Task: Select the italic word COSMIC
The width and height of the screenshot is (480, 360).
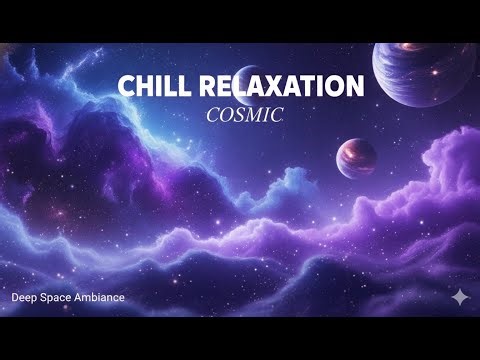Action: click(x=244, y=115)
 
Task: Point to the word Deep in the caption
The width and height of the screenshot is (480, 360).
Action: click(x=24, y=298)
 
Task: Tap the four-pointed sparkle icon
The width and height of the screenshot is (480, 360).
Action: click(x=459, y=297)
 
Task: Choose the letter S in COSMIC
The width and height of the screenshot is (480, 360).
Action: click(x=241, y=115)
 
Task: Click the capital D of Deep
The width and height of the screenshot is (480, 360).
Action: click(x=15, y=298)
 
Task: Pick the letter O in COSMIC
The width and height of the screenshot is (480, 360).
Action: click(x=226, y=115)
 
